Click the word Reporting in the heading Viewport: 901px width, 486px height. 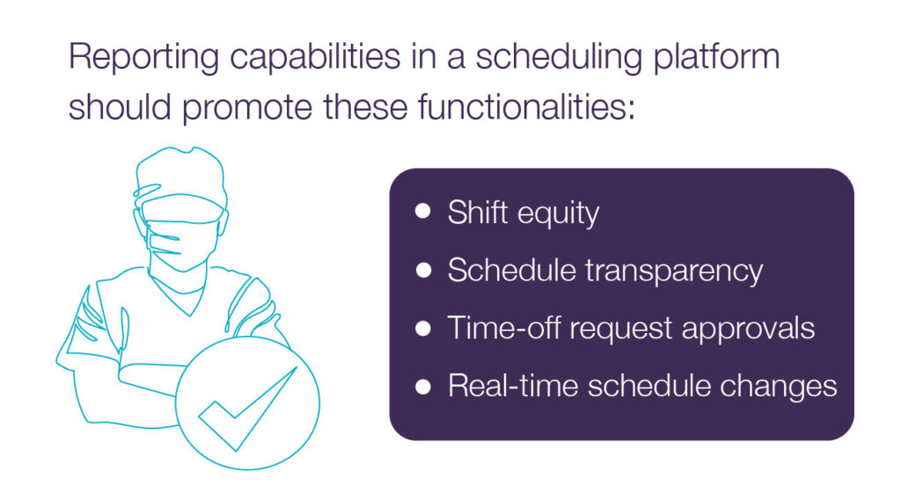pyautogui.click(x=143, y=58)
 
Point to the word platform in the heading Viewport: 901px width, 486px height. pyautogui.click(x=716, y=57)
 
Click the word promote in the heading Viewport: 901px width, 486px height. pyautogui.click(x=247, y=108)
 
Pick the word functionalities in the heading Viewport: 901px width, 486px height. pyautogui.click(x=526, y=106)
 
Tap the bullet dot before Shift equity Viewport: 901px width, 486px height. pyautogui.click(x=423, y=211)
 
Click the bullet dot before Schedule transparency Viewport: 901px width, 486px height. pyautogui.click(x=423, y=271)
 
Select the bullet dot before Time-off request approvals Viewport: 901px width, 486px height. pyautogui.click(x=423, y=328)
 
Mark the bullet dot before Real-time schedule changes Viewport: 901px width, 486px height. pyautogui.click(x=423, y=387)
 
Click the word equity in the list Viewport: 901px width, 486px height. pyautogui.click(x=558, y=214)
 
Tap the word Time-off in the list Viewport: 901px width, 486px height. pyautogui.click(x=502, y=328)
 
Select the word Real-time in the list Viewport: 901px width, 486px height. pyautogui.click(x=513, y=385)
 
